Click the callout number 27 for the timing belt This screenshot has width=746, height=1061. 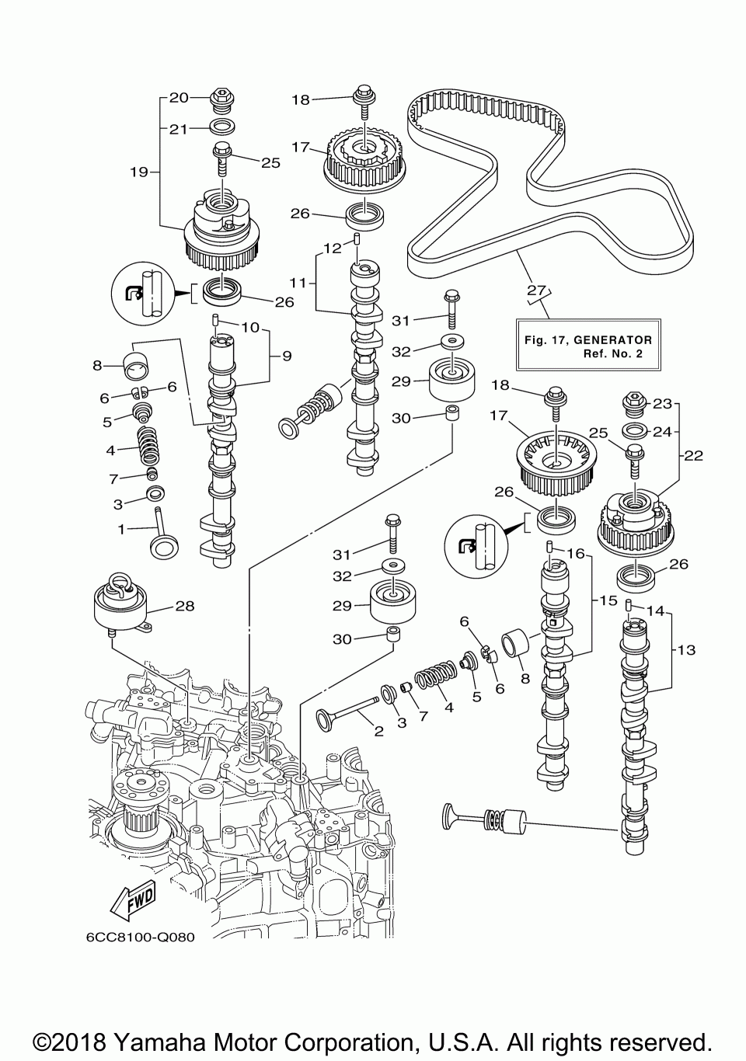point(536,290)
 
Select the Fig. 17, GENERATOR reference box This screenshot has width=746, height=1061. point(588,344)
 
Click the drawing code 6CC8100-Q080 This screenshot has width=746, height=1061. point(141,938)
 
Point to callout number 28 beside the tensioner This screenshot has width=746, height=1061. point(185,606)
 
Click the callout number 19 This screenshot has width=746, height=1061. point(140,172)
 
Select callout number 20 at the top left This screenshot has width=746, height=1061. point(180,98)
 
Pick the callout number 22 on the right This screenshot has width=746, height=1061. point(693,456)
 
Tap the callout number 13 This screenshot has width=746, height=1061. point(686,650)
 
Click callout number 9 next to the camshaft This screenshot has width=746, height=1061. point(287,356)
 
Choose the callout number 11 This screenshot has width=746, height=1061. point(298,284)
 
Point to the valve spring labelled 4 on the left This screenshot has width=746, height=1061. point(149,445)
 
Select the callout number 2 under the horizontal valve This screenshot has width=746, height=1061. point(378,732)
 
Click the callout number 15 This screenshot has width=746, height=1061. point(608,600)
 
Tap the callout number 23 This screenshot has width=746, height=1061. point(663,404)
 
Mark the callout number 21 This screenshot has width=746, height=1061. point(179,129)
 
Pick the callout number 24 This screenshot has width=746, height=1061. point(663,432)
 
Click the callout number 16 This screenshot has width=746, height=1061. point(577,553)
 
